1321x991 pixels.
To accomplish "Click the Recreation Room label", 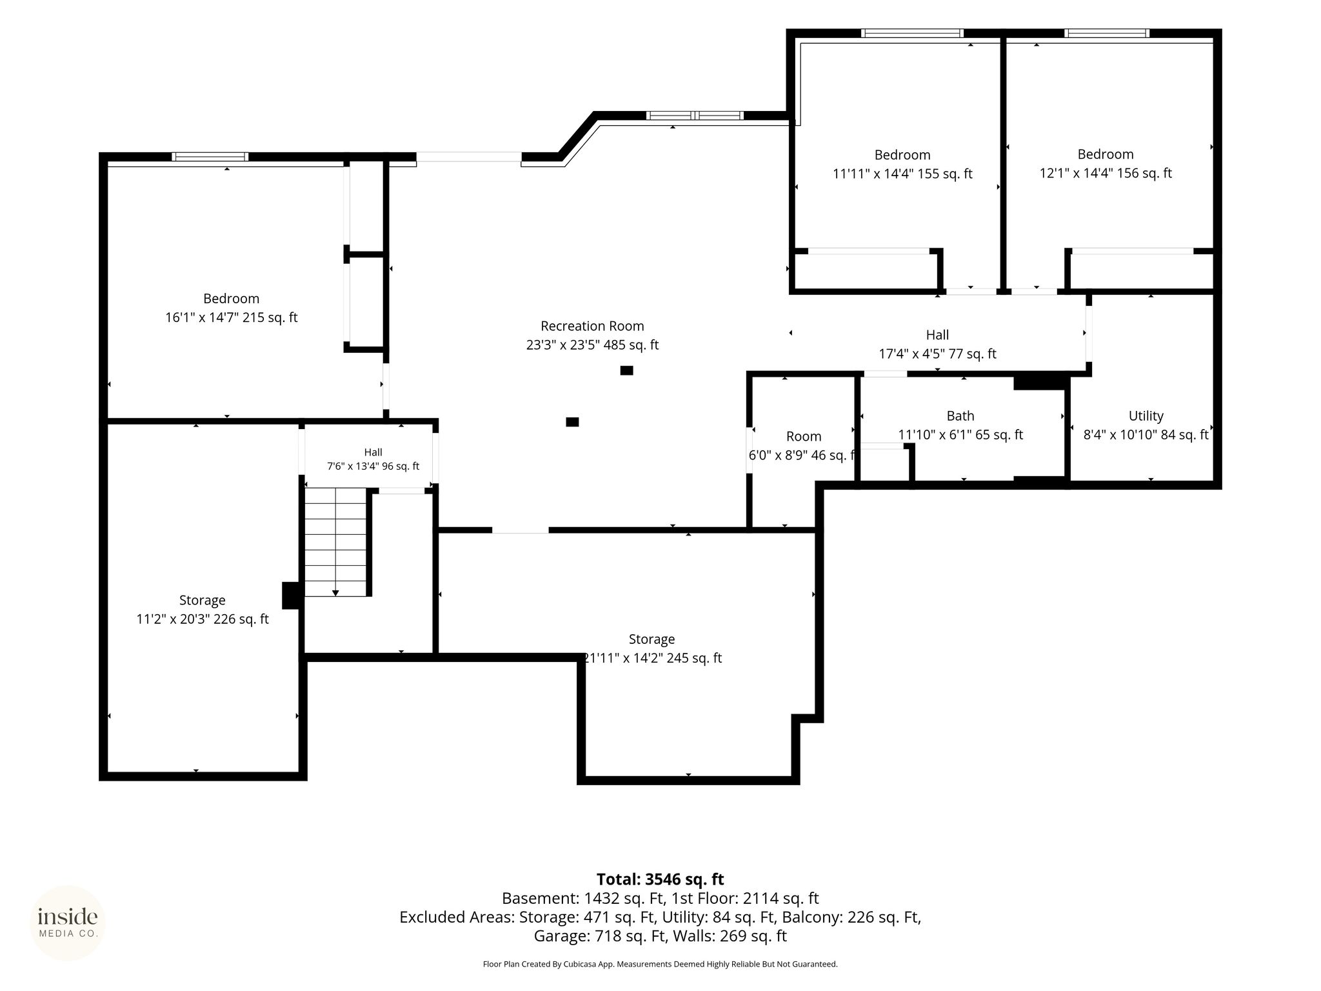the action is (x=592, y=326).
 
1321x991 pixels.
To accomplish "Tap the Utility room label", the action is (x=1146, y=416).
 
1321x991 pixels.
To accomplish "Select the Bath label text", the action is (x=960, y=416).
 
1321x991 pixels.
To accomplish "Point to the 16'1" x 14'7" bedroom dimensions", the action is (x=232, y=317).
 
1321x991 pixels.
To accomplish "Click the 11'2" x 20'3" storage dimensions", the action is (x=203, y=619).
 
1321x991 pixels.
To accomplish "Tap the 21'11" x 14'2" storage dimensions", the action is (x=652, y=658).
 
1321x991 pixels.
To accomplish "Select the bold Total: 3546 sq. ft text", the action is (x=660, y=879).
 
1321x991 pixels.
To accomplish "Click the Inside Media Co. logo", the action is (x=68, y=923).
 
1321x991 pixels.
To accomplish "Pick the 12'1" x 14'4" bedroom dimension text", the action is (x=1106, y=174).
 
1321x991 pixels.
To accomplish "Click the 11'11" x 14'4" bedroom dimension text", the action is (x=902, y=174).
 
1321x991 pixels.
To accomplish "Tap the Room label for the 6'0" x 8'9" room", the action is (x=804, y=437).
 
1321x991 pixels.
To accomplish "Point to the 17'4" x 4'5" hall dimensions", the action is (x=937, y=354).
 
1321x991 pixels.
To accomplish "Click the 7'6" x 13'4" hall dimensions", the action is (x=373, y=466).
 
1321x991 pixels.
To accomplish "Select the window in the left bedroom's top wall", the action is (x=210, y=157).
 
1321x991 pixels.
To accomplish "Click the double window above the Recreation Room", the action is (x=695, y=116).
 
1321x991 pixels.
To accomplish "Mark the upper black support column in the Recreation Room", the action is (x=626, y=370).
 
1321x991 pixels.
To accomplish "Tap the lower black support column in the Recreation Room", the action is (x=572, y=422).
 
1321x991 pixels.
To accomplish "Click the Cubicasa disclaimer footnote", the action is (x=660, y=965).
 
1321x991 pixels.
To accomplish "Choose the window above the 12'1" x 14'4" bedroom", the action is (x=1106, y=34).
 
